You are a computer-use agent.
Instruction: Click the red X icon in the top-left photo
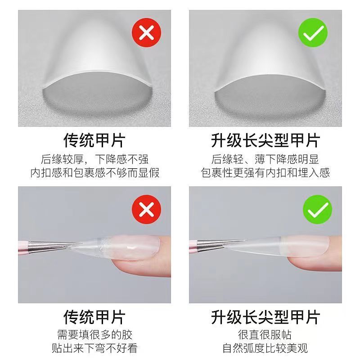[x=147, y=32]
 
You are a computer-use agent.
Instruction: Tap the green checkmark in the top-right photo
[x=313, y=32]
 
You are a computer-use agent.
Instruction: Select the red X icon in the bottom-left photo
[x=147, y=209]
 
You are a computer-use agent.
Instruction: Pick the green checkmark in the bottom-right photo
[x=318, y=209]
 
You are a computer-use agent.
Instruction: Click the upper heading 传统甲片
[x=94, y=140]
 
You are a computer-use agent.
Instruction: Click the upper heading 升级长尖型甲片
[x=265, y=140]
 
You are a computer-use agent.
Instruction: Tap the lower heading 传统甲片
[x=94, y=317]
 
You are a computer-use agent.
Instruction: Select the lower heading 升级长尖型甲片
[x=265, y=317]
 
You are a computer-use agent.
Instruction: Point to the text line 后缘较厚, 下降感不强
[x=94, y=159]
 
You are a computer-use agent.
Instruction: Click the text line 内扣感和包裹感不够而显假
[x=94, y=173]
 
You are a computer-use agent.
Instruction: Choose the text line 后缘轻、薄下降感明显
[x=265, y=159]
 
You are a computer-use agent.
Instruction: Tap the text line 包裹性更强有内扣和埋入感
[x=265, y=173]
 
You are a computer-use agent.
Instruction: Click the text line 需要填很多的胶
[x=94, y=335]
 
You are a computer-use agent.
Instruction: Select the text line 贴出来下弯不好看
[x=94, y=348]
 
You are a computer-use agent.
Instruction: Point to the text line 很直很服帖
[x=265, y=335]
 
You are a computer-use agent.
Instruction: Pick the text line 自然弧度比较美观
[x=265, y=348]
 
